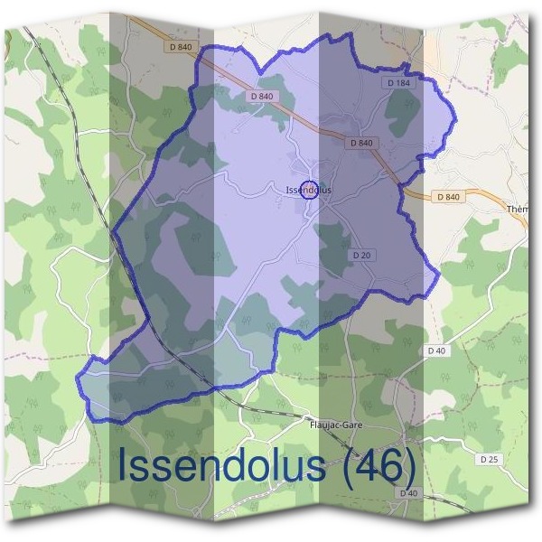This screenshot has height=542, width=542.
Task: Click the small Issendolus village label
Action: pyautogui.click(x=308, y=191)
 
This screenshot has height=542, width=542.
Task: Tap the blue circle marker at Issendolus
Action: pyautogui.click(x=308, y=189)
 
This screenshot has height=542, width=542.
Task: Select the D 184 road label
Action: pyautogui.click(x=398, y=83)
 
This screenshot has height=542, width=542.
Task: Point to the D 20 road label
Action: pyautogui.click(x=361, y=256)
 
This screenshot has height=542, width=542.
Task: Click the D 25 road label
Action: pyautogui.click(x=489, y=459)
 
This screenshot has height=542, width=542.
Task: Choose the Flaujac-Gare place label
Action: pyautogui.click(x=336, y=422)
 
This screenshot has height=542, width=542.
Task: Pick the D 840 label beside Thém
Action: pyautogui.click(x=447, y=197)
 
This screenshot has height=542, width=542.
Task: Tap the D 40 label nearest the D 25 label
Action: pyautogui.click(x=409, y=493)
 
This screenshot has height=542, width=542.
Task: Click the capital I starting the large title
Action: pyautogui.click(x=124, y=464)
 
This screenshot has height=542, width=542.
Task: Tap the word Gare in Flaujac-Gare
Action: pyautogui.click(x=350, y=422)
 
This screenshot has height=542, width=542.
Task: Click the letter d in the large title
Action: pyautogui.click(x=239, y=464)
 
